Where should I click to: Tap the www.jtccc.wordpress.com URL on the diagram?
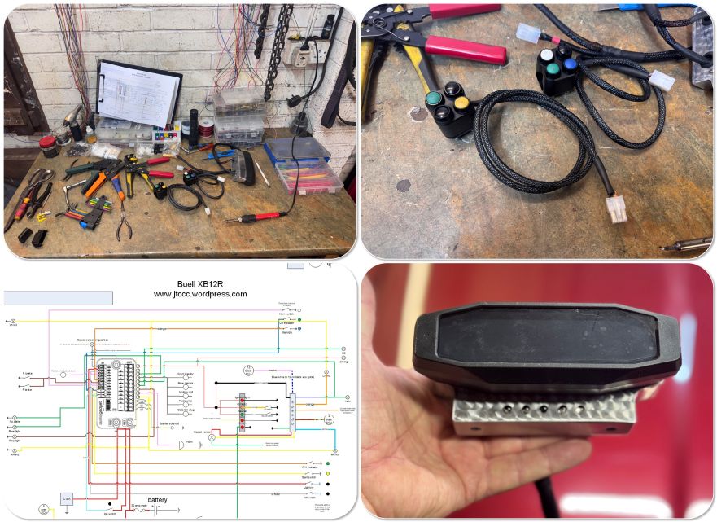(x=199, y=294)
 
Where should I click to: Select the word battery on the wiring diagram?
(x=158, y=500)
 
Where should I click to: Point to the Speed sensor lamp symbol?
(x=213, y=437)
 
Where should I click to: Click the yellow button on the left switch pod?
(x=461, y=103)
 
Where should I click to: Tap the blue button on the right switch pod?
(x=571, y=64)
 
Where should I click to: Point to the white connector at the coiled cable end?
(x=616, y=209)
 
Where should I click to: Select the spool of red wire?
(x=207, y=128)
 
